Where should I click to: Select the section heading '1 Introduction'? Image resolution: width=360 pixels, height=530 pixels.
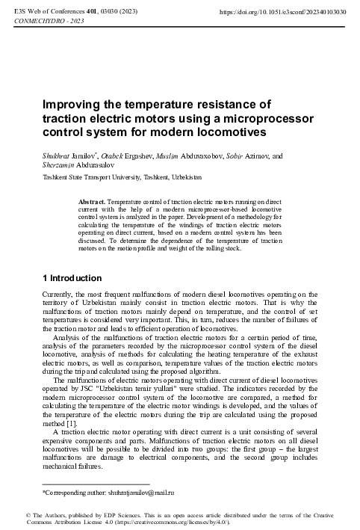tap(72, 278)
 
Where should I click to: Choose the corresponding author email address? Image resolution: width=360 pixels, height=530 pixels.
tap(141, 493)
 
